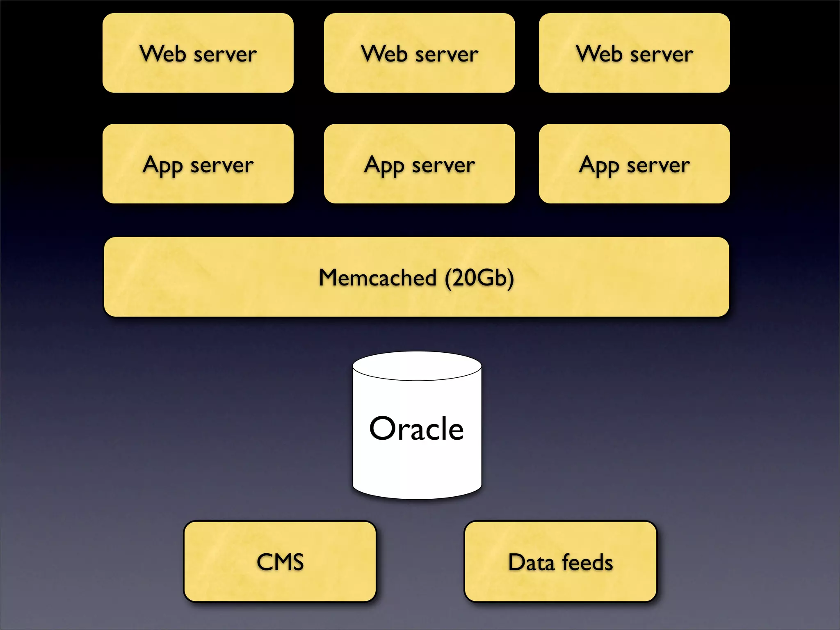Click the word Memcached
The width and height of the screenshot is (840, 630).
click(x=377, y=278)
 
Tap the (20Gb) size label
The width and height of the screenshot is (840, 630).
click(x=479, y=278)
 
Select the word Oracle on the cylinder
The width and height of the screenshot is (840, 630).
click(x=416, y=428)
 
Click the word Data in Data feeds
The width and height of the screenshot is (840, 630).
click(x=531, y=562)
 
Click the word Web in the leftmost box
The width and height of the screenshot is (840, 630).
click(x=163, y=54)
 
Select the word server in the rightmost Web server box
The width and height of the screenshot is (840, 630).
click(x=661, y=55)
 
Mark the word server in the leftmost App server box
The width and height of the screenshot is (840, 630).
click(x=222, y=166)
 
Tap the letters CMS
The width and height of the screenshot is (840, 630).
click(x=280, y=562)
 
